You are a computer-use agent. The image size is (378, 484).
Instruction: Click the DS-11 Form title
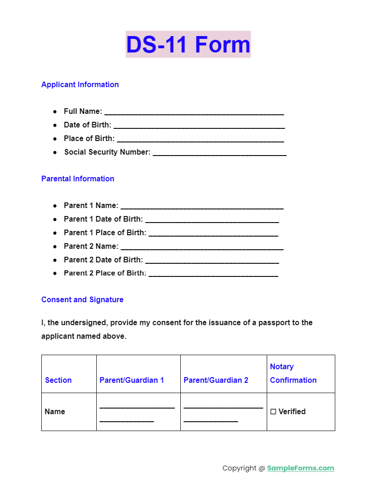(x=188, y=45)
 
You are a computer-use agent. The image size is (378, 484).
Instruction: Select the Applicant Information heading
(x=80, y=85)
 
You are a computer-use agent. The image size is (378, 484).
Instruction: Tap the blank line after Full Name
(x=194, y=112)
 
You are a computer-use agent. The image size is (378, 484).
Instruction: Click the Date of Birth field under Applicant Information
(x=199, y=126)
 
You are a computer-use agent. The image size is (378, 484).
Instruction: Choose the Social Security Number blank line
(x=219, y=153)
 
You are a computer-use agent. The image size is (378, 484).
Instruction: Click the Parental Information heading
(x=77, y=179)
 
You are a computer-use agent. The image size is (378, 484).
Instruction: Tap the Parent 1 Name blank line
(x=202, y=207)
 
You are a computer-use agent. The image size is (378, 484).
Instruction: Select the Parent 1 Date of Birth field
(x=212, y=220)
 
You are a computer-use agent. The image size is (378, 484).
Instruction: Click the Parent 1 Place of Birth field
(x=213, y=234)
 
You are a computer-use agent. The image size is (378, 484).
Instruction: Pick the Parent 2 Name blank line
(x=202, y=247)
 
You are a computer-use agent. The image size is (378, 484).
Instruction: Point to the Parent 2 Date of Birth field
(x=212, y=261)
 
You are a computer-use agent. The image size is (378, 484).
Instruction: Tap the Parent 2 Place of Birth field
(x=213, y=275)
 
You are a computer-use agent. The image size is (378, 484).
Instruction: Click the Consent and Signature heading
(x=82, y=300)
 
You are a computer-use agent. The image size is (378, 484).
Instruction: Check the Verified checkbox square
(x=273, y=412)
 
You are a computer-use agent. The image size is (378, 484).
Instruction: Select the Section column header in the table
(x=58, y=380)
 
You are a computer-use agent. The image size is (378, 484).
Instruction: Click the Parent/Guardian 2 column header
(x=216, y=380)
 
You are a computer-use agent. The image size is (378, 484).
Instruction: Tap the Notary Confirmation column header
(x=293, y=373)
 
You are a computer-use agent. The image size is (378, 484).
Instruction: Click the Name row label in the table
(x=55, y=412)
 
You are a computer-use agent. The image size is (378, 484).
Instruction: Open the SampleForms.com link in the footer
(x=301, y=468)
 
